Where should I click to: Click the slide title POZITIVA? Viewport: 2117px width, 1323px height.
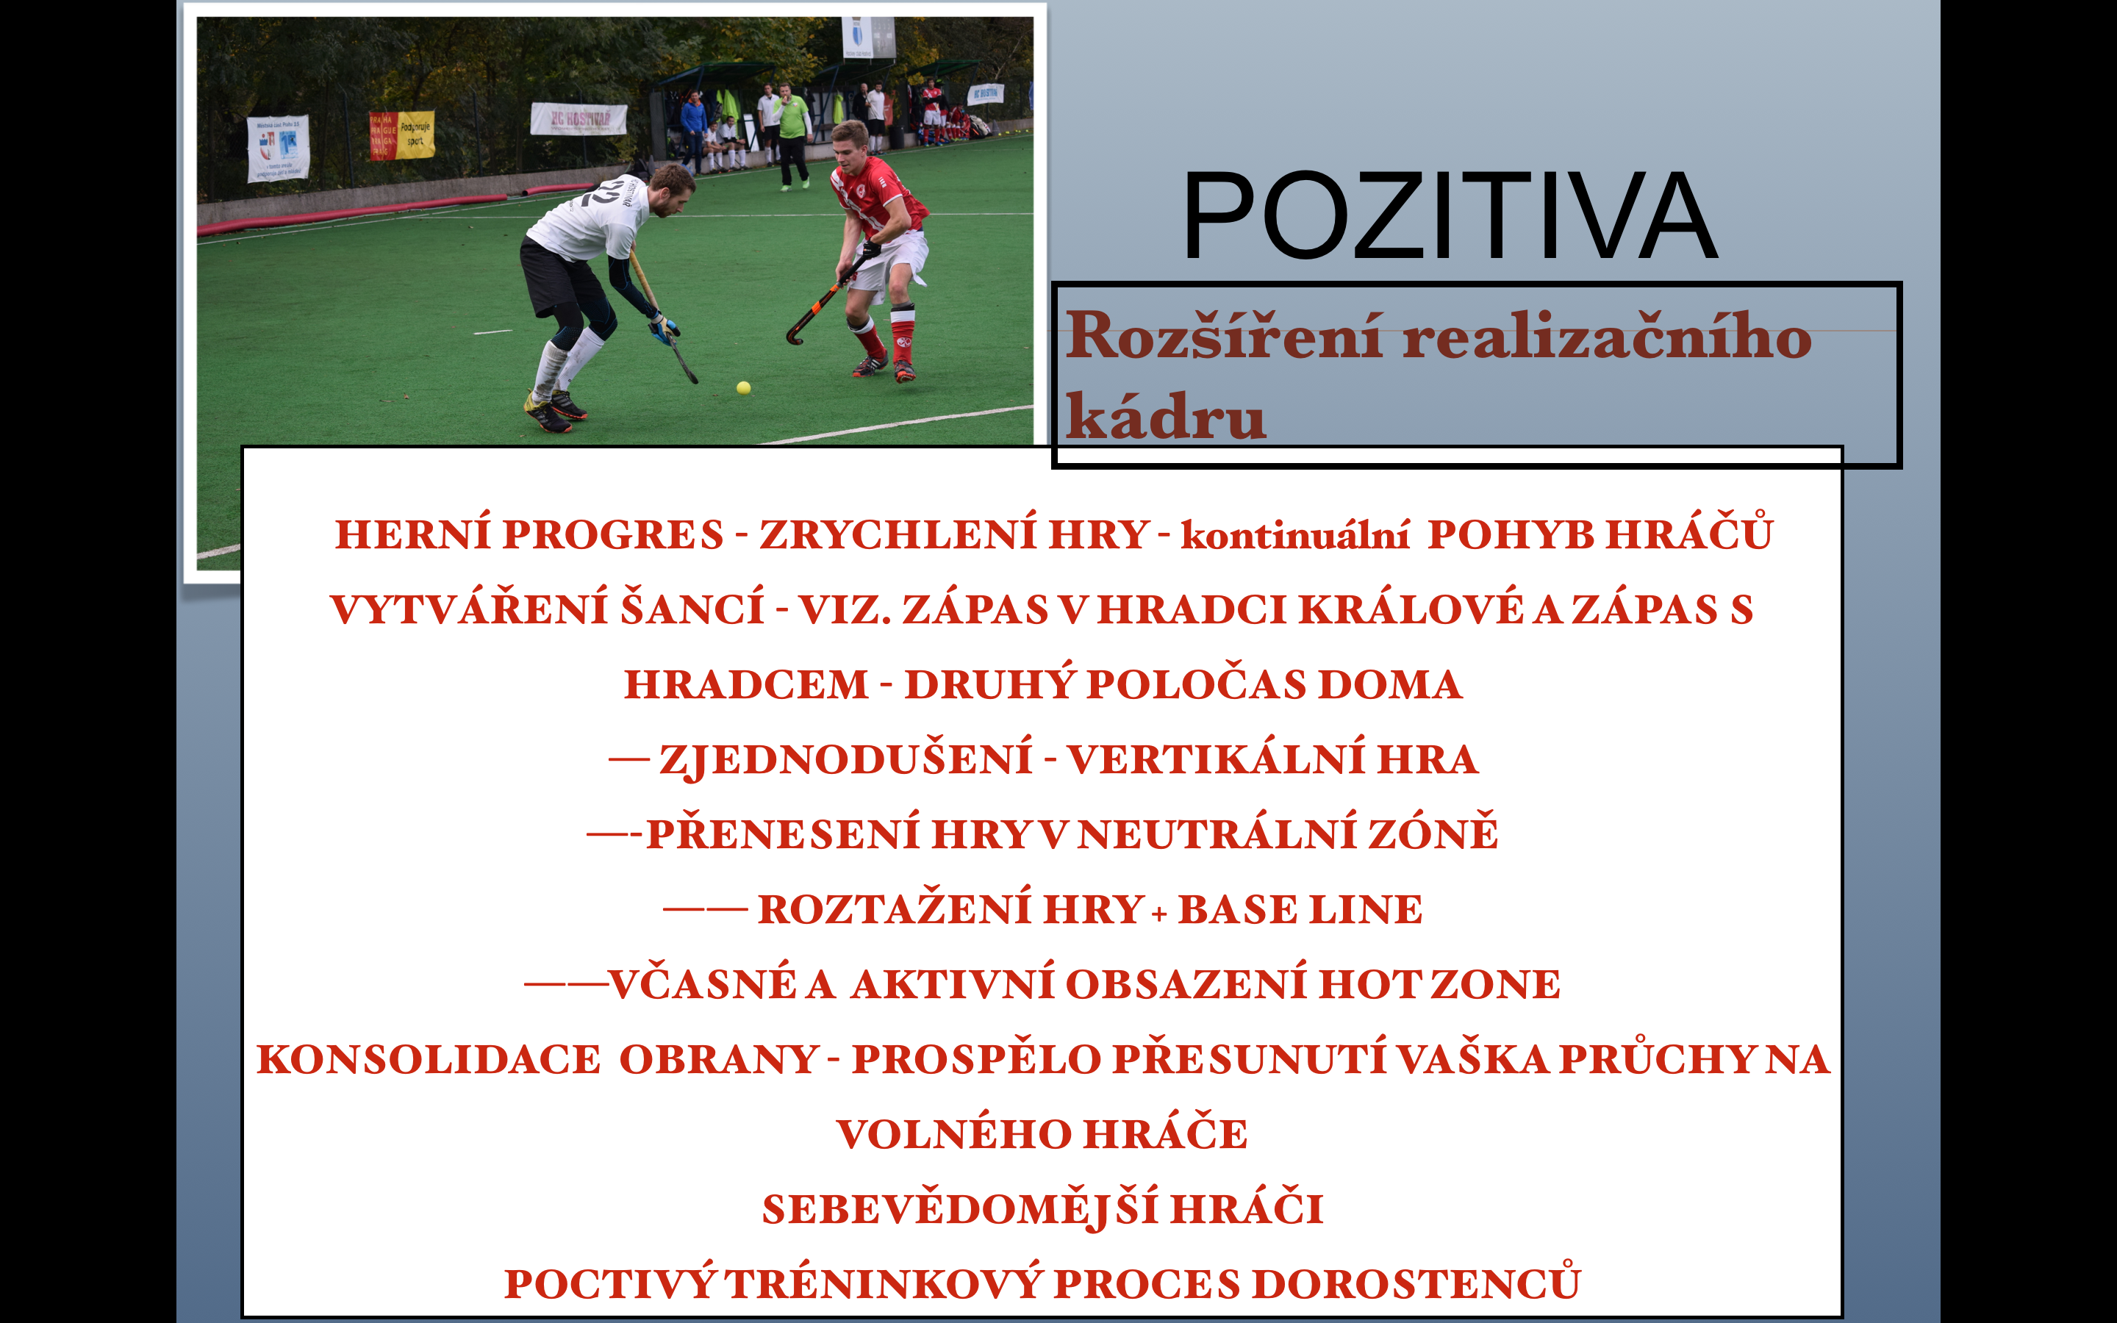coord(1450,215)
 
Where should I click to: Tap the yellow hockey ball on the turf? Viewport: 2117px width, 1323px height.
coord(744,387)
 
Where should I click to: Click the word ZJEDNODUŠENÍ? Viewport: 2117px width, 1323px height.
coord(846,759)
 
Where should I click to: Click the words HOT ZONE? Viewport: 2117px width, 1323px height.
coord(1440,984)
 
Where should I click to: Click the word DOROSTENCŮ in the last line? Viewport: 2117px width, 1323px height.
coord(1416,1283)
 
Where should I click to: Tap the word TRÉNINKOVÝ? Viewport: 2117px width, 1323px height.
coord(884,1283)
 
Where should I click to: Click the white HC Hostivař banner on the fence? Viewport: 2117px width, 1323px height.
coord(578,119)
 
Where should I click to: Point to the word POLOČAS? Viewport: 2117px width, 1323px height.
coord(1196,684)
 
